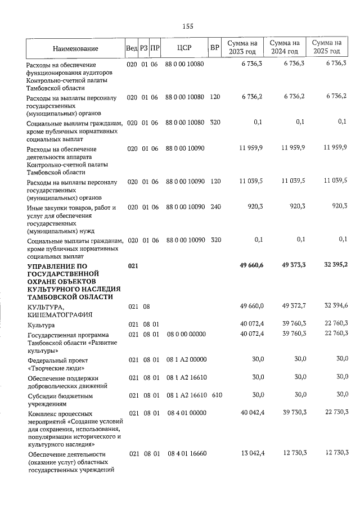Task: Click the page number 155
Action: [x=188, y=26]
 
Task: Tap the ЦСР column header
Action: [x=184, y=48]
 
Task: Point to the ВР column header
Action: [x=214, y=48]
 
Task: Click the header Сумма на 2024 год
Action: [x=284, y=48]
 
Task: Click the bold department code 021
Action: [x=133, y=265]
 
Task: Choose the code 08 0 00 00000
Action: [x=186, y=334]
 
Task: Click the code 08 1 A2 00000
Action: [x=186, y=359]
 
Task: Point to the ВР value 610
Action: [x=217, y=395]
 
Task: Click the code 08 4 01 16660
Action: [x=186, y=454]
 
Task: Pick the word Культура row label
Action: [x=41, y=325]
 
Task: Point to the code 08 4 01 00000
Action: [x=186, y=413]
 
